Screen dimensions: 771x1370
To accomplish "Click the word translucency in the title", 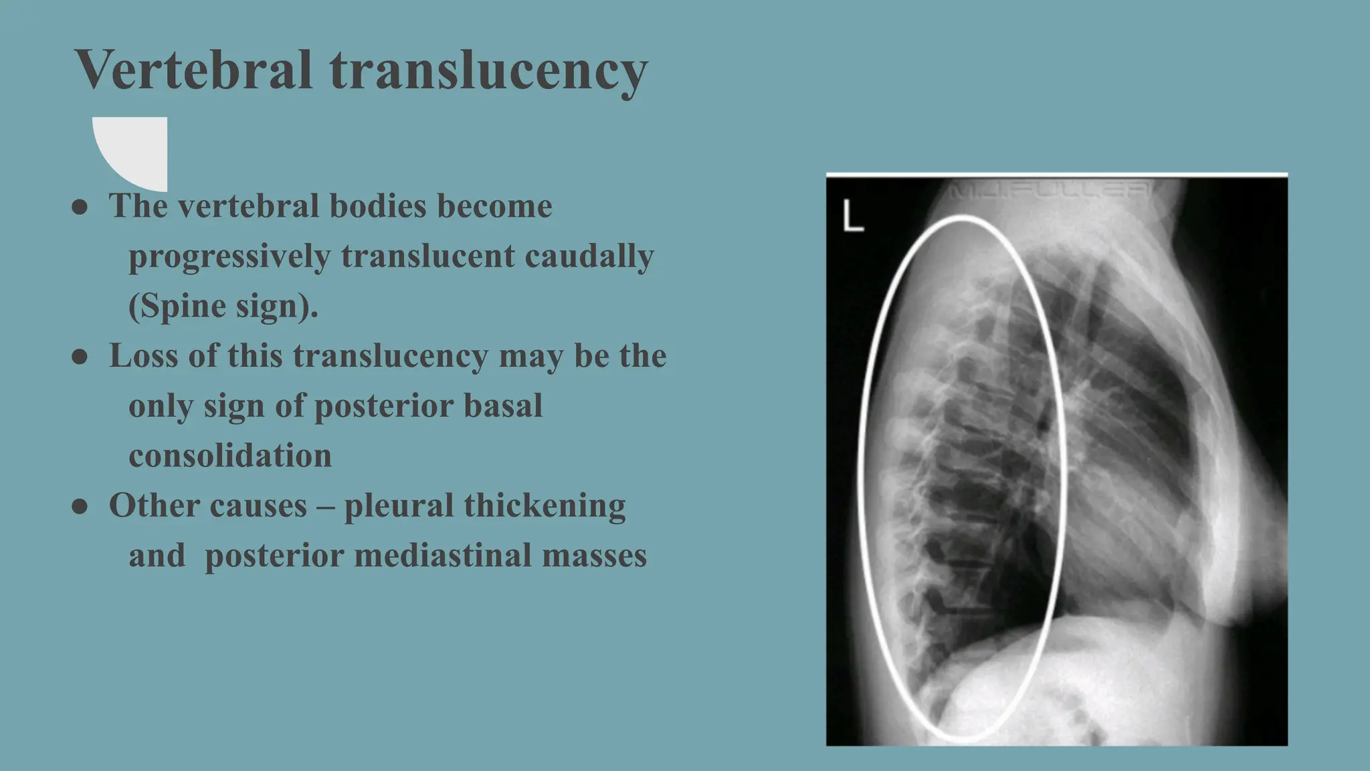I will [488, 71].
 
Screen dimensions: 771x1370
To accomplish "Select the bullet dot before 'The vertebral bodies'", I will [80, 207].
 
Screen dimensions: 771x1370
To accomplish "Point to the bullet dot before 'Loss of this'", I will [80, 357].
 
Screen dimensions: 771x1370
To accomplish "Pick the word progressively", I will [229, 256].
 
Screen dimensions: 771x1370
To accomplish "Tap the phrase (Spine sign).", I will [223, 307].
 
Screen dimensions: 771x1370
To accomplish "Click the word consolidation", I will [230, 456].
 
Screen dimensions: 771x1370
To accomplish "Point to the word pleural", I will [399, 506].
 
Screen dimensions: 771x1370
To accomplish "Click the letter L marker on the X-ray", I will [852, 217].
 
